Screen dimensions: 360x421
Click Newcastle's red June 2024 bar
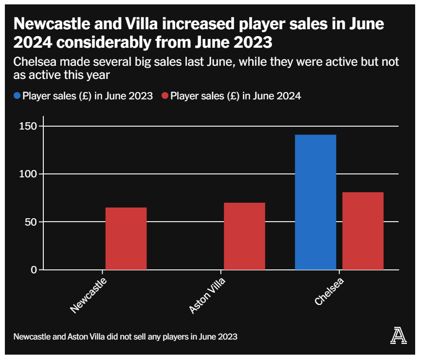126,239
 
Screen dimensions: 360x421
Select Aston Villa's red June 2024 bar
244,236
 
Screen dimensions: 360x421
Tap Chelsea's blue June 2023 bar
315,202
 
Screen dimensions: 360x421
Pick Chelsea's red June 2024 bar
363,231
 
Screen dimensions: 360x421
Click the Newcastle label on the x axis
88,296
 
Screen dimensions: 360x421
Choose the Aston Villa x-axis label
207,296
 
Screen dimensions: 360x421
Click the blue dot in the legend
17,96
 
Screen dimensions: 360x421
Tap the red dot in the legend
165,96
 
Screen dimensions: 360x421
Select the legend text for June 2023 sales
88,96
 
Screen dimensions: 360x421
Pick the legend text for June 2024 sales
236,96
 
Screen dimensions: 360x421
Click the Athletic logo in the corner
399,336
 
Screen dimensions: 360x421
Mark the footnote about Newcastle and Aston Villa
126,337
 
